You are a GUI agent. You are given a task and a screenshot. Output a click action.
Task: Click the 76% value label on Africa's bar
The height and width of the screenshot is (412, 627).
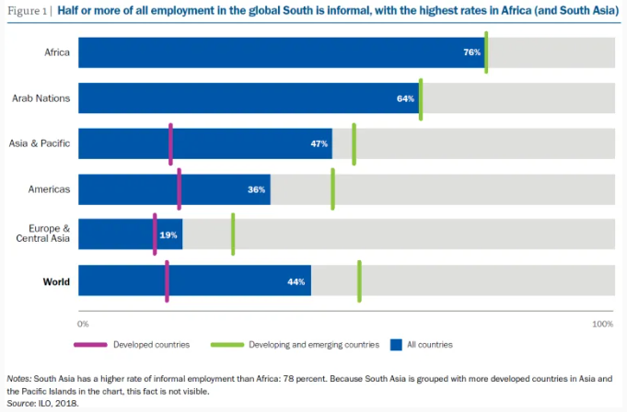pos(471,53)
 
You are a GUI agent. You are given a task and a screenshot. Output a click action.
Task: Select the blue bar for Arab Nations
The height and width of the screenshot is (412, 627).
pos(249,98)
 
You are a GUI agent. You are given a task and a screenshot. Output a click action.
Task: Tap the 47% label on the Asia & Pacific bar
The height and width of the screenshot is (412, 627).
pos(319,144)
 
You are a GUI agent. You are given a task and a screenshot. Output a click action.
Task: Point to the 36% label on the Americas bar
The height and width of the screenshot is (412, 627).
pos(257,189)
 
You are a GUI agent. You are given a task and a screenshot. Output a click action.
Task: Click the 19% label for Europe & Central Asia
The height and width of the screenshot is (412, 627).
pos(168,235)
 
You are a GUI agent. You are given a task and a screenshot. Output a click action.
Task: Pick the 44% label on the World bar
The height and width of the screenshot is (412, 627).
pos(296,281)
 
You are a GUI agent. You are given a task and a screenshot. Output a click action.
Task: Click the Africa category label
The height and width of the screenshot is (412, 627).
pos(57,52)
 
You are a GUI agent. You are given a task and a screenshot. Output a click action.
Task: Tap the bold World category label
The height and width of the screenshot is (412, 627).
pos(56,281)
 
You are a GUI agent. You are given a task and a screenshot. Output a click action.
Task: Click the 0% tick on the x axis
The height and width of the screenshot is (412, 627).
pos(83,324)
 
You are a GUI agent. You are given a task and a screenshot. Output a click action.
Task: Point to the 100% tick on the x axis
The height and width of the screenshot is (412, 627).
pos(602,324)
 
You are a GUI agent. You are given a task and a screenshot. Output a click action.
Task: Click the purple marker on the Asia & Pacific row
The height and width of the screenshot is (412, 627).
pos(170,144)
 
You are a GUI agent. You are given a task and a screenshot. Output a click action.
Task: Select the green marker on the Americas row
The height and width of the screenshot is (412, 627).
pos(332,189)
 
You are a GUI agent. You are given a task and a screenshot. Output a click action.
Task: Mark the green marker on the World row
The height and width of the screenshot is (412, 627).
pos(359,280)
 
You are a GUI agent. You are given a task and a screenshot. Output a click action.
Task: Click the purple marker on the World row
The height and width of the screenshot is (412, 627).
pos(167,280)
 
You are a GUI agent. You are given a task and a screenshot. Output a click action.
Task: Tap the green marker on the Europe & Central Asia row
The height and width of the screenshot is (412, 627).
pos(233,235)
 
